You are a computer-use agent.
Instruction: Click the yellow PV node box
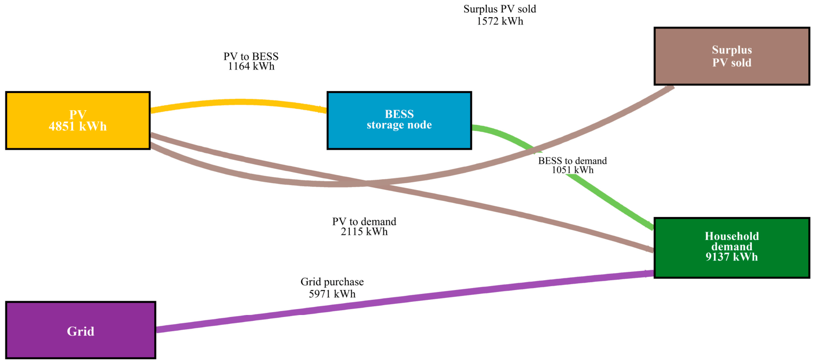(x=78, y=121)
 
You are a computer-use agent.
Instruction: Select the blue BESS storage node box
(x=399, y=121)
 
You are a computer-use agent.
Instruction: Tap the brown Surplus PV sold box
(x=732, y=56)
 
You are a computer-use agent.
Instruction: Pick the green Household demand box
(x=732, y=248)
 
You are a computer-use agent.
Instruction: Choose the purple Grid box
(x=81, y=330)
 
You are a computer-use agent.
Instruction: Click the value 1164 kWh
(x=251, y=67)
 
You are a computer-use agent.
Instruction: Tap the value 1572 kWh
(x=500, y=21)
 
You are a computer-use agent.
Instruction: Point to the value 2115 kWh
(x=364, y=232)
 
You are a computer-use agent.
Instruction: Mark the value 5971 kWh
(x=332, y=293)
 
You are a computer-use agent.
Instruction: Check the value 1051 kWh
(x=572, y=170)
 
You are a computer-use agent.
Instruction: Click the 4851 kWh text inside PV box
(x=78, y=126)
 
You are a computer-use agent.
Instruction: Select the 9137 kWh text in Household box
(x=732, y=257)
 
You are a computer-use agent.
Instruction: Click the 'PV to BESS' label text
(x=251, y=56)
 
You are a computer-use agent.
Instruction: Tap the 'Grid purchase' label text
(x=332, y=282)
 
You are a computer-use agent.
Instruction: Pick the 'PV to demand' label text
(x=364, y=221)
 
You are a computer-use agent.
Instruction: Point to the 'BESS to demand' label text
(x=572, y=161)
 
